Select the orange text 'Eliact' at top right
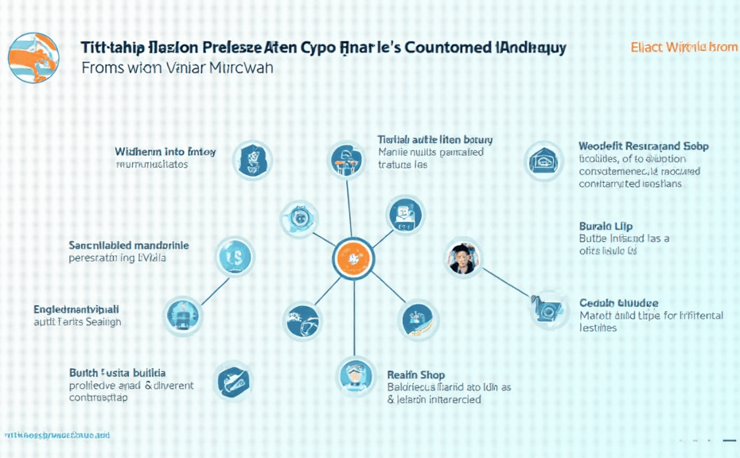(647, 47)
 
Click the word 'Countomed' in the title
(448, 47)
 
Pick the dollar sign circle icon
(236, 256)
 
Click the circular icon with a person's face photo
(463, 258)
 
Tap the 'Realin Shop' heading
(415, 375)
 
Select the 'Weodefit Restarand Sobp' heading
(644, 146)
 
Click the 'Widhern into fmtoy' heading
(165, 151)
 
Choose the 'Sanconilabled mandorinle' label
(129, 246)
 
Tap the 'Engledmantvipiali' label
(76, 309)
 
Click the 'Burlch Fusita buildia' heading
(118, 372)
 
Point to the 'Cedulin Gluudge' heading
(618, 303)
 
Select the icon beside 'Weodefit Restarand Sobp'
(543, 161)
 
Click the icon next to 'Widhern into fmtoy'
(251, 159)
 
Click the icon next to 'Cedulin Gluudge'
(550, 310)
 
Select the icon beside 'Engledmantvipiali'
(183, 316)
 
